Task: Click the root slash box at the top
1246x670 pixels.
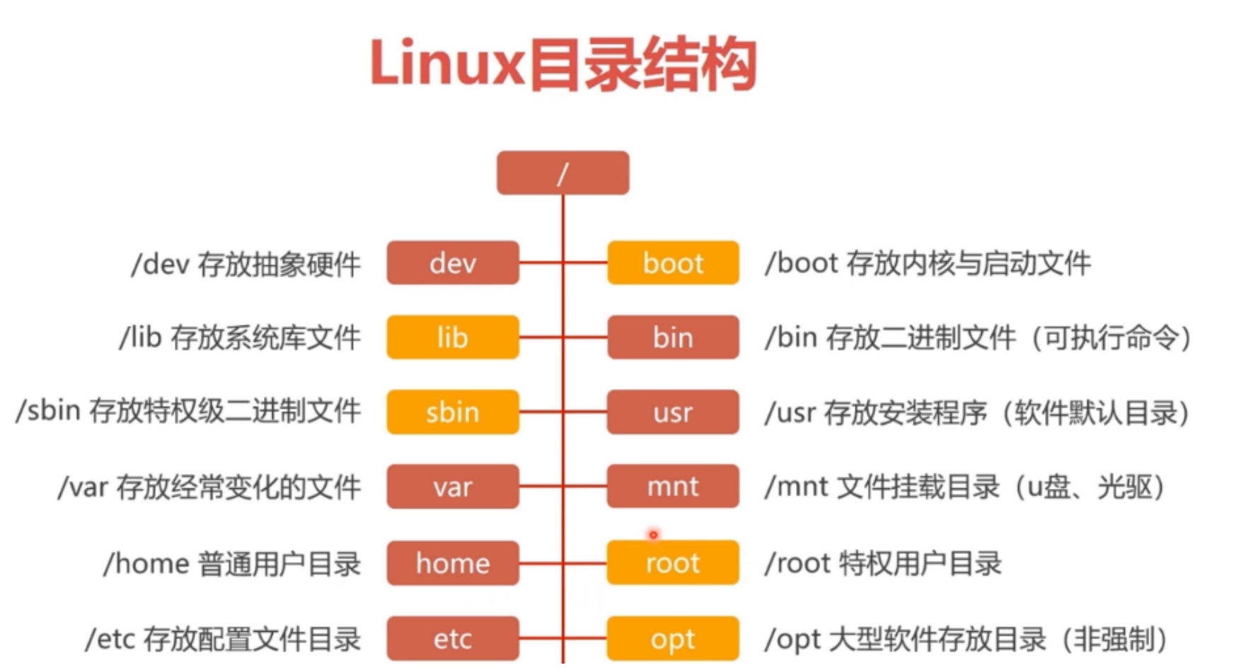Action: (563, 173)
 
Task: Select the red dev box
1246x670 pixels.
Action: (452, 263)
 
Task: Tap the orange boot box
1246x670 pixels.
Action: (673, 263)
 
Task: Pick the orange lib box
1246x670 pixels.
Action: (452, 337)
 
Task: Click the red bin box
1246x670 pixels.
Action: (673, 337)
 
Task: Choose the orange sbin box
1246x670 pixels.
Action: (452, 412)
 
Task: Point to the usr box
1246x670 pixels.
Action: (673, 412)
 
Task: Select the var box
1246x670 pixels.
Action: (452, 487)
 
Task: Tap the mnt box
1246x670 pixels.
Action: (673, 487)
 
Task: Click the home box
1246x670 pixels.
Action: (452, 563)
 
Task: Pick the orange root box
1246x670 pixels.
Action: (673, 563)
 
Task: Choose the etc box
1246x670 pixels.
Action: (452, 639)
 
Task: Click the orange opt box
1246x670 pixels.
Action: (673, 639)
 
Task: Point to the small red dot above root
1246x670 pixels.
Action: (653, 535)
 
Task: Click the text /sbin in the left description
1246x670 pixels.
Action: (48, 411)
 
